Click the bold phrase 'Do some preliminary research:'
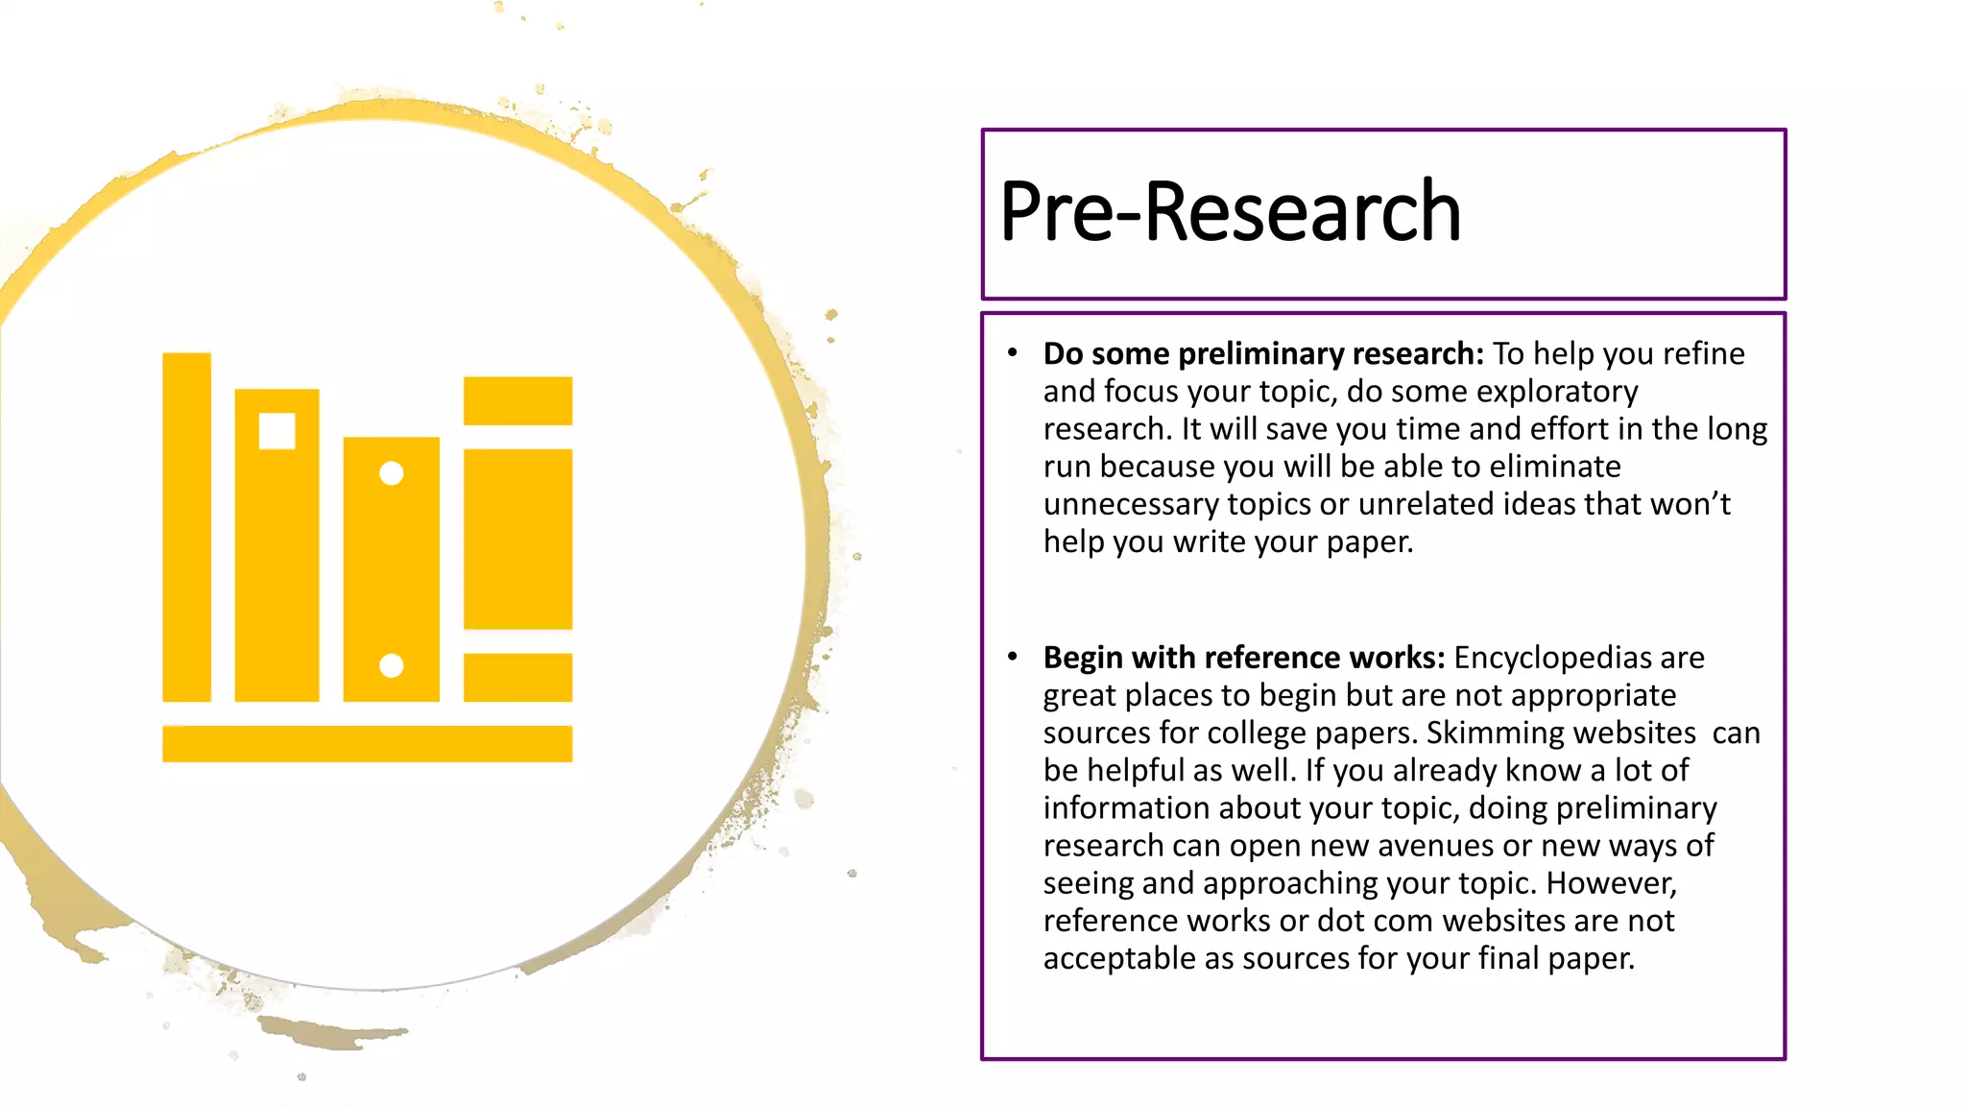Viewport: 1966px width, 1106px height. [1263, 354]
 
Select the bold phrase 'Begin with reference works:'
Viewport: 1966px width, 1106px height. [1243, 658]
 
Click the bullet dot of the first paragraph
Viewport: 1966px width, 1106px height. [1012, 353]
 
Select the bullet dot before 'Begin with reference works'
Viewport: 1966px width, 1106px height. [1012, 657]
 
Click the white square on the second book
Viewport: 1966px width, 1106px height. [277, 431]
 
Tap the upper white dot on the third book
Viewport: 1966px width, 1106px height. [392, 473]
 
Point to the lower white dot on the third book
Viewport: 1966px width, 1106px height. [392, 665]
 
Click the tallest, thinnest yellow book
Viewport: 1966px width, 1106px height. [187, 527]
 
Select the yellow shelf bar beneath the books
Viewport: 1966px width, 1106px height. [368, 744]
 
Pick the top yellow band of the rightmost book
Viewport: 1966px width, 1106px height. [518, 400]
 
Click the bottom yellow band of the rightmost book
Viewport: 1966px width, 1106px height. [518, 678]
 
